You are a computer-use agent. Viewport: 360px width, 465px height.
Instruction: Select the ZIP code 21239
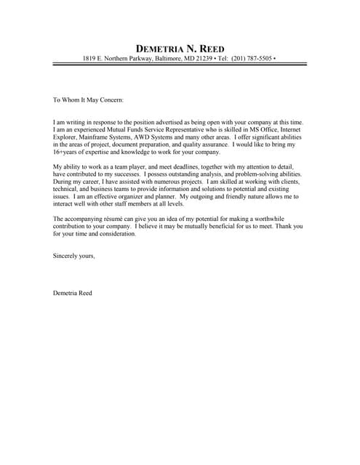point(202,57)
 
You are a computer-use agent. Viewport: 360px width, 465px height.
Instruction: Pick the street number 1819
point(90,57)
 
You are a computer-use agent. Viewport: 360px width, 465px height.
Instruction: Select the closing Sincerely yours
point(74,256)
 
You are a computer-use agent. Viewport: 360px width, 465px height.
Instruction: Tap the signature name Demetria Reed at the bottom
point(73,293)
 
